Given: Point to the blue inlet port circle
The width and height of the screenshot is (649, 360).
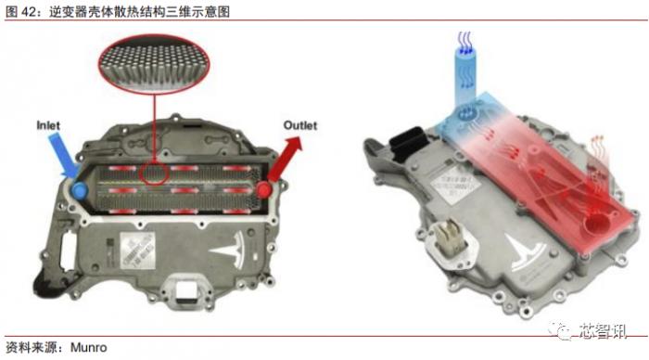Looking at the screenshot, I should point(80,188).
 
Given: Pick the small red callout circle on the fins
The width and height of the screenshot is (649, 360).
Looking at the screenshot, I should point(154,175).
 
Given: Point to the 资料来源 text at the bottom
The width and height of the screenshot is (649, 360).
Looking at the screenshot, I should point(28,349).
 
